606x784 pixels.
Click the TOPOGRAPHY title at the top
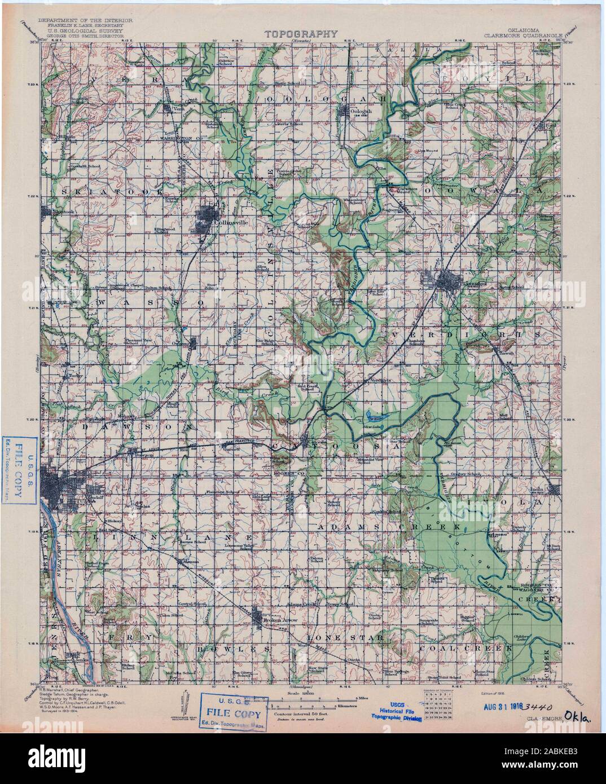[301, 34]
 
